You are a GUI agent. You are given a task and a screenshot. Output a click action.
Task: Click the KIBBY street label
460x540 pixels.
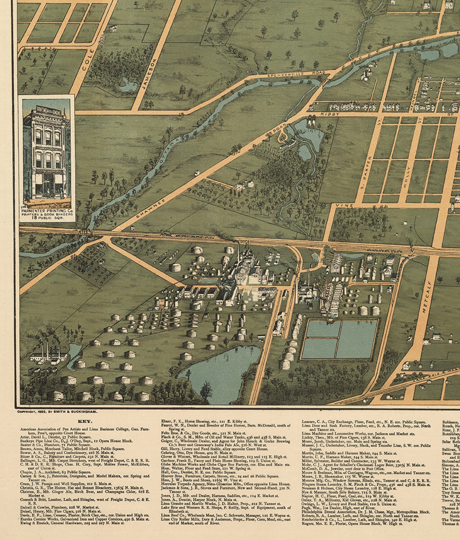coord(326,115)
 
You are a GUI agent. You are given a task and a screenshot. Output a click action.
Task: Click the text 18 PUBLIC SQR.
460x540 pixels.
coord(46,219)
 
